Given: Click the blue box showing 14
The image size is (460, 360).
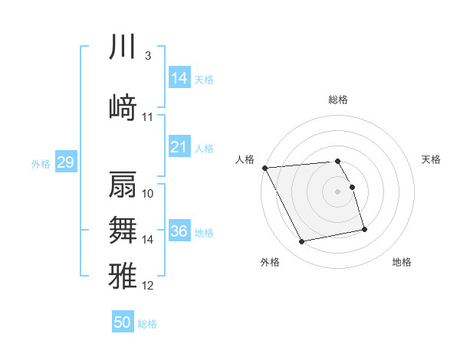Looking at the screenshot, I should tap(179, 77).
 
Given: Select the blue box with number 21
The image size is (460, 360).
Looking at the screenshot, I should tap(179, 147).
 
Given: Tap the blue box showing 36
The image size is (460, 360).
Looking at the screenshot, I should tap(179, 231).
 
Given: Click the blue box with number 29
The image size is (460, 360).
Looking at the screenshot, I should tap(65, 162).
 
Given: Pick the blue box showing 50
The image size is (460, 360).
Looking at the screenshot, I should tap(123, 322).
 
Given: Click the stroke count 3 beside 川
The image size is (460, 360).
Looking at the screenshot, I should tap(148, 56).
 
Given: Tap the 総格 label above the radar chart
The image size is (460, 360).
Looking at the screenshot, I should tap(338, 100).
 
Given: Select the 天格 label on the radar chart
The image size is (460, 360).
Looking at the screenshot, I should tap(432, 159).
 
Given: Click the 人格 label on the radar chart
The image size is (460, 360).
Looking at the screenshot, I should tap(244, 159).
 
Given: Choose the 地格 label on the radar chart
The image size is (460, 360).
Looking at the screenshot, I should tap(402, 262).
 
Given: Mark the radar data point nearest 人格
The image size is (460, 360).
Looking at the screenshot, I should tap(264, 168).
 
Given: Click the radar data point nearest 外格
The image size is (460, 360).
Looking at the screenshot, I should tap(302, 242).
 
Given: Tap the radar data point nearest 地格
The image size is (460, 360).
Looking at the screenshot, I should tap(364, 229).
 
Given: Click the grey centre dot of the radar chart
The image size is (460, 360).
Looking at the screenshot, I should tap(338, 191).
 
